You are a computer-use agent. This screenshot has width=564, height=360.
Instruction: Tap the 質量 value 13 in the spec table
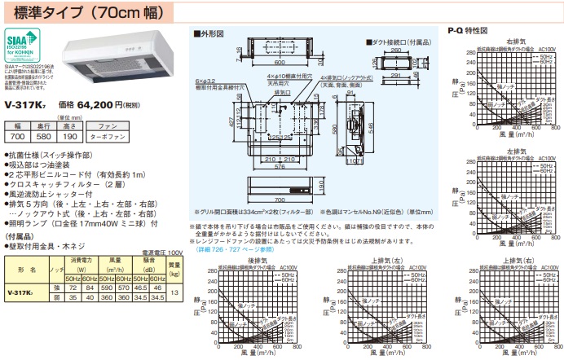pos(174,292)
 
